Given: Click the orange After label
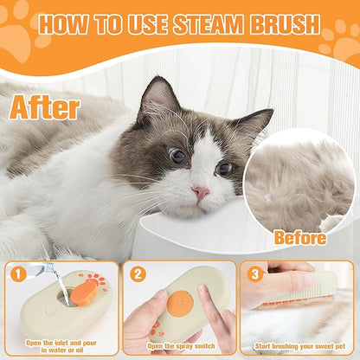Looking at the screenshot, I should (46, 106).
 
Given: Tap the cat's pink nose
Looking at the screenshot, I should (200, 191).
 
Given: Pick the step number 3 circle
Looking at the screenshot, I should (254, 274).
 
